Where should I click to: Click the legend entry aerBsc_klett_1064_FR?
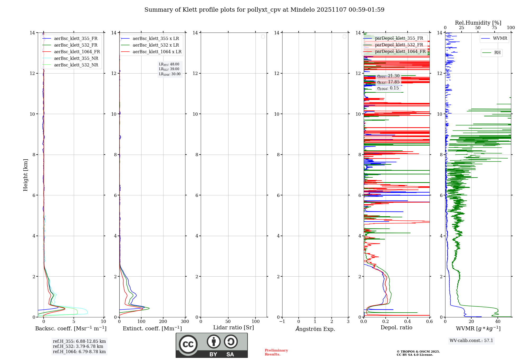point(77,52)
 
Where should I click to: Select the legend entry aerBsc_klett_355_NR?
point(76,58)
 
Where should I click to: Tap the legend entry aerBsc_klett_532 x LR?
point(156,45)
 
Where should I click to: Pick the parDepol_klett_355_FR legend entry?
point(399,38)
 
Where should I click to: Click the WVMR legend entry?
point(500,38)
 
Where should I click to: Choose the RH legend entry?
point(497,53)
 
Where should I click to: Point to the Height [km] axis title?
point(25,175)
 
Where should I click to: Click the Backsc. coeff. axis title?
point(71,328)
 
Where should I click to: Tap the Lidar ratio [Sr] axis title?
point(233,327)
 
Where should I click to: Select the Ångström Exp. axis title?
point(315,329)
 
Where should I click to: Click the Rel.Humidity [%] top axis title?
point(478,23)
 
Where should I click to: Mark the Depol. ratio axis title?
point(396,327)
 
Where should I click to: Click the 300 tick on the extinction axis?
point(185,321)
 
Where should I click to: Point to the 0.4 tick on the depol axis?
point(408,321)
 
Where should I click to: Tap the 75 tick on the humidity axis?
point(494,28)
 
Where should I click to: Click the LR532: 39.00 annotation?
point(169,69)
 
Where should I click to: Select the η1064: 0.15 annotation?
point(388,88)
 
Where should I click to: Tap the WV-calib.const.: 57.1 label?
point(471,340)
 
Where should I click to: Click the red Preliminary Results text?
point(276,352)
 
